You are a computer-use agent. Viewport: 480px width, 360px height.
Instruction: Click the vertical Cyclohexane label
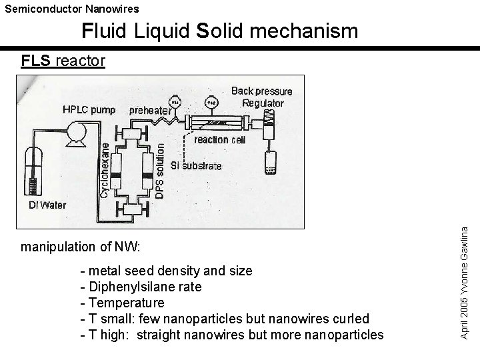click(105, 170)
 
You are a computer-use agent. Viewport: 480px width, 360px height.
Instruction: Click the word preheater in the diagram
click(149, 111)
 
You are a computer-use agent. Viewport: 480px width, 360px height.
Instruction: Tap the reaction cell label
click(220, 140)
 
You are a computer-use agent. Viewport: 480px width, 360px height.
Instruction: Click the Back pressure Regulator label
click(257, 97)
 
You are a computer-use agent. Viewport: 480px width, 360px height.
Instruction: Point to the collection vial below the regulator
click(269, 162)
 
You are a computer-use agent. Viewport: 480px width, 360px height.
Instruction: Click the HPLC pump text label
click(89, 109)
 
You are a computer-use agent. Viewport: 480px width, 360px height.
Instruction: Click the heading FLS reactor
click(63, 61)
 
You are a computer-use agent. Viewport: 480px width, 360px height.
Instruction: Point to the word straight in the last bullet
click(161, 334)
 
